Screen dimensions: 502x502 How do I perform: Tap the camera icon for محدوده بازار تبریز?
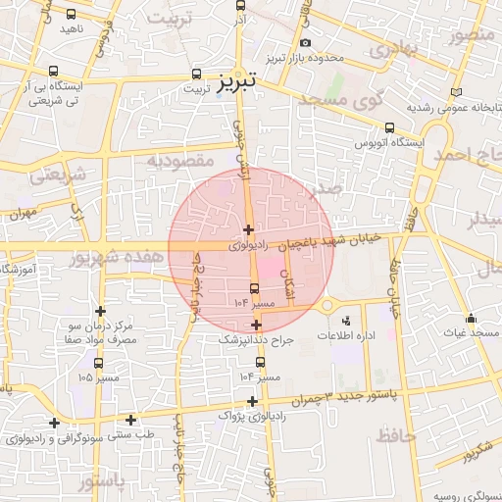coord(305,42)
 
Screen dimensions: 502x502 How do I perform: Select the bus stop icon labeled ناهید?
coord(72,14)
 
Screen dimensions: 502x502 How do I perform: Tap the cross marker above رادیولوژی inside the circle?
coord(248,229)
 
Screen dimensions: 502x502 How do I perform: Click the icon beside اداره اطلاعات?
coord(345,321)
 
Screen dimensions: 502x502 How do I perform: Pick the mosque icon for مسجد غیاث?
coord(472,319)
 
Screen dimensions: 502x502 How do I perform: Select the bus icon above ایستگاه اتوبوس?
coord(390,127)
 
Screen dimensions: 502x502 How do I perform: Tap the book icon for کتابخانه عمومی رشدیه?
coord(454,93)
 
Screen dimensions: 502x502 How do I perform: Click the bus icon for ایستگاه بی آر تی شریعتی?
coord(52,72)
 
